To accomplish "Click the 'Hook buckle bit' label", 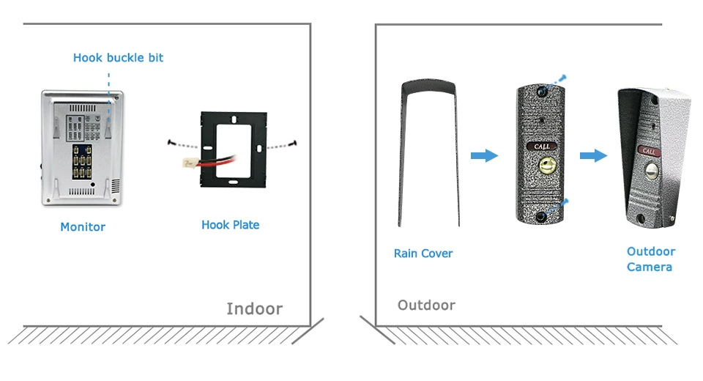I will [x=118, y=58].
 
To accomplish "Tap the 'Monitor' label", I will [x=83, y=227].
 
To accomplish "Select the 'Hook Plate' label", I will [x=230, y=225].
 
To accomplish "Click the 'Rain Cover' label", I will [x=423, y=254].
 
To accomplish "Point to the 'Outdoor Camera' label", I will [x=650, y=259].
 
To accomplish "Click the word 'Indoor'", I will [x=254, y=308].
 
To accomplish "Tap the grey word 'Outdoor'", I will [x=426, y=305].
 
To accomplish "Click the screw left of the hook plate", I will [x=170, y=142].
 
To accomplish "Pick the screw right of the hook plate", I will [x=293, y=143].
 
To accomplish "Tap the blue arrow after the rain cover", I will [x=483, y=155].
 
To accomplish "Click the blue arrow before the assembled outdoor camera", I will [x=593, y=155].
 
